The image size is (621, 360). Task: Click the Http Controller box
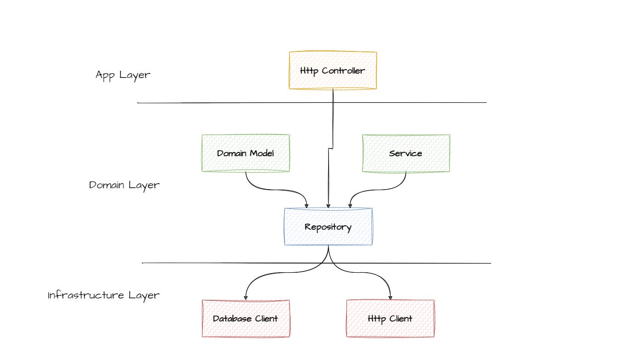coord(333,70)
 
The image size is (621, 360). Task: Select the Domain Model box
coord(246,153)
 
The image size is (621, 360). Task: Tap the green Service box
coord(406,153)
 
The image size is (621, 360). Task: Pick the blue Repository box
coord(328,227)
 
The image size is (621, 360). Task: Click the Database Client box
coord(246,319)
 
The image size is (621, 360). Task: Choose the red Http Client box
coord(390,319)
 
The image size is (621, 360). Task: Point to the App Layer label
coord(123,75)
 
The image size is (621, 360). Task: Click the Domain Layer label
coord(124,185)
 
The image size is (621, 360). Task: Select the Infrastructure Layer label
coord(104,295)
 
